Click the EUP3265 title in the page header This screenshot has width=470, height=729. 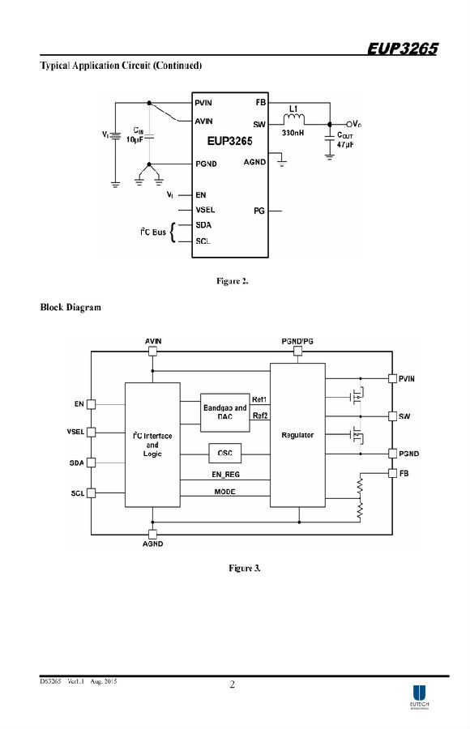coord(403,49)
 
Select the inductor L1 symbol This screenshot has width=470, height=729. coord(293,119)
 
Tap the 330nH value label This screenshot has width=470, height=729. coord(293,133)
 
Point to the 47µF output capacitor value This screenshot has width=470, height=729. coord(345,145)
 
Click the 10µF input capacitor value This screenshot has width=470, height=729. coord(135,139)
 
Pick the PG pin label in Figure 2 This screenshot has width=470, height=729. coord(259,211)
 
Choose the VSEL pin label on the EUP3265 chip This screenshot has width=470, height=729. coord(205,210)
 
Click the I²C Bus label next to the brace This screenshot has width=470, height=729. coord(153,232)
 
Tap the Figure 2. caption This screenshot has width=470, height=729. coord(233,281)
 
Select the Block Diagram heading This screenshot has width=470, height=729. coord(70,307)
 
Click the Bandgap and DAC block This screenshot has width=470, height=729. coord(224,412)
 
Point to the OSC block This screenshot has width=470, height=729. coord(224,453)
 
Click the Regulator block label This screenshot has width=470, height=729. coord(297,435)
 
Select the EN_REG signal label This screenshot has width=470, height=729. coord(225,475)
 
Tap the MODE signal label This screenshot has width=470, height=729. coord(224,492)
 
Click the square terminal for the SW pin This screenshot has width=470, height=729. coord(393,416)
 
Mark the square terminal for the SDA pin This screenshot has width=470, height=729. coord(92,463)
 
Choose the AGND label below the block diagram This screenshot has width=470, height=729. coord(152,544)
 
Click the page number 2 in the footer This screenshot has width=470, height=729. coord(233,684)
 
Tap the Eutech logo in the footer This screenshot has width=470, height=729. coord(419,697)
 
